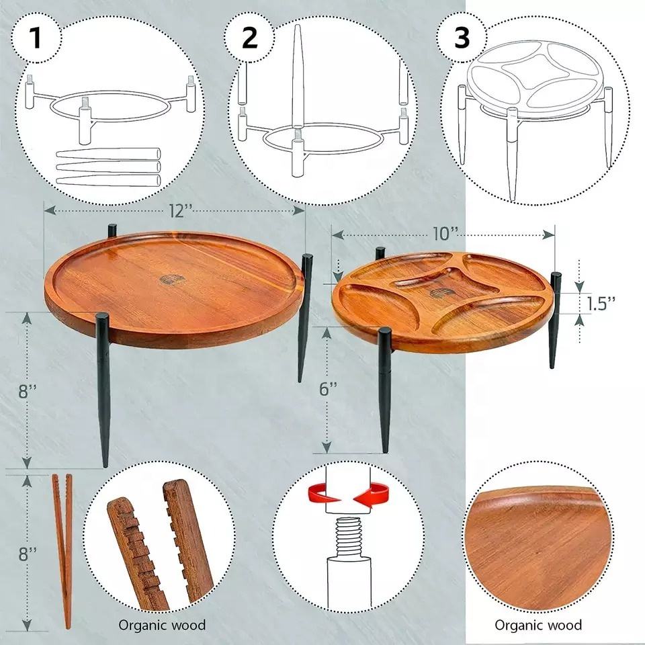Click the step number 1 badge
(x=36, y=38)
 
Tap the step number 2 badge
(x=250, y=38)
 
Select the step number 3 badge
(x=462, y=38)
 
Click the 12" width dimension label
(x=180, y=211)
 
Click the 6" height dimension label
(x=328, y=388)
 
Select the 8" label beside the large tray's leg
(x=28, y=391)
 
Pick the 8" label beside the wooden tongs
(x=28, y=554)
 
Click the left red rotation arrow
(x=323, y=492)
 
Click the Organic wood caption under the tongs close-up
(x=162, y=626)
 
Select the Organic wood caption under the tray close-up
(x=538, y=626)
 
